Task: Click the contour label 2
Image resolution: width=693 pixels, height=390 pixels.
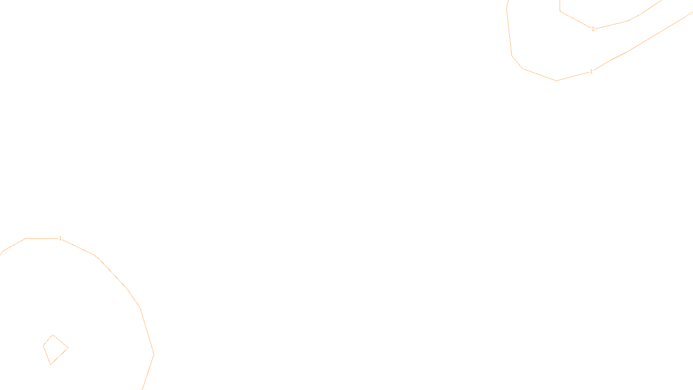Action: pos(593,29)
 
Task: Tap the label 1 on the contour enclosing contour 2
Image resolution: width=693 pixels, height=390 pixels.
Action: pos(591,71)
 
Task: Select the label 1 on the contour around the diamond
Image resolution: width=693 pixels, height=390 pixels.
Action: pos(60,238)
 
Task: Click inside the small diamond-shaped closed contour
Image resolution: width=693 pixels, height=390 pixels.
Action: pos(54,349)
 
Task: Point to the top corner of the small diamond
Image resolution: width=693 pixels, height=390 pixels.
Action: pos(52,335)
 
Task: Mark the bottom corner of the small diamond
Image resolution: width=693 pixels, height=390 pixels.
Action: pos(50,364)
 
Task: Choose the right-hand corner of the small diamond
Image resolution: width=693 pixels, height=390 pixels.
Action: pos(68,348)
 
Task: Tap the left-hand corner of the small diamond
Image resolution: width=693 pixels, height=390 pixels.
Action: pos(43,345)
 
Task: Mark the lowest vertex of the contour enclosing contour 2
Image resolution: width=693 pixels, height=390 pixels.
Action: pos(556,81)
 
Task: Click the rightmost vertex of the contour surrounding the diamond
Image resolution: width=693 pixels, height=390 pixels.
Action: pos(154,354)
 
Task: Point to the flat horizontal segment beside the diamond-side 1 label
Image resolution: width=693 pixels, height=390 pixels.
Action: pos(41,238)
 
